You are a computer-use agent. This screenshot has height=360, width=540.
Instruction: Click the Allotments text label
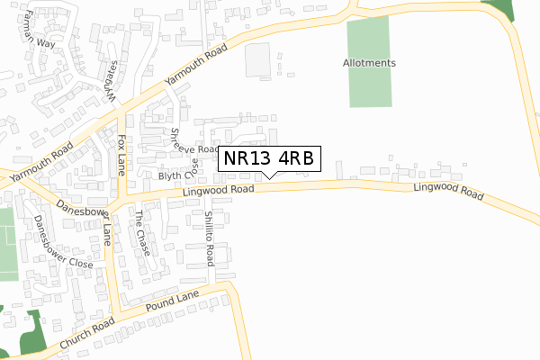click(x=369, y=63)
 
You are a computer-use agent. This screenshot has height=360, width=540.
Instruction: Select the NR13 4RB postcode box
click(x=268, y=158)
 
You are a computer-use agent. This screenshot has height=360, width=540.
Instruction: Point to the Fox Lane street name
click(x=121, y=155)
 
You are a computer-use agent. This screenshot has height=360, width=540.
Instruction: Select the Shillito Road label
click(x=209, y=238)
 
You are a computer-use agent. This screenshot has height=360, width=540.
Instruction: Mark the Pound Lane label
click(x=174, y=301)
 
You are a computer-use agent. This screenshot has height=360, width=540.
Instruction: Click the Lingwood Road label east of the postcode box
click(x=448, y=191)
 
